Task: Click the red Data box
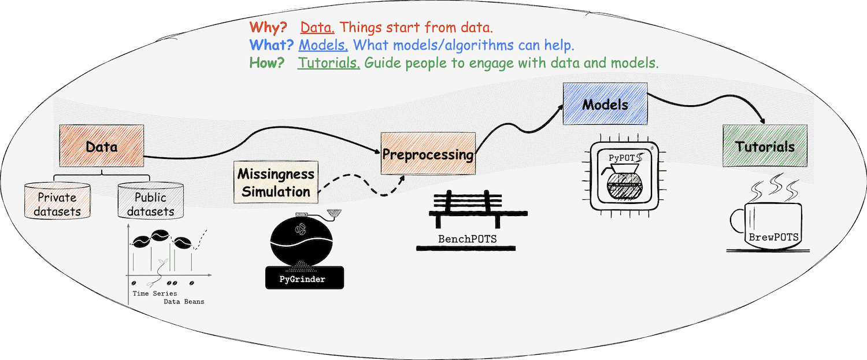coord(101,146)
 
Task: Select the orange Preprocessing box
coord(428,154)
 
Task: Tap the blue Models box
coord(605,105)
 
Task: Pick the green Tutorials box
coord(765,146)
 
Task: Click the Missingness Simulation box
coord(276,183)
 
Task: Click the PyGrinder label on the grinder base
coord(302,280)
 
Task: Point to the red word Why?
coord(268,27)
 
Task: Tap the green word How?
coord(266,62)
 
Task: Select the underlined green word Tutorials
coord(329,62)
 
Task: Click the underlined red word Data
coord(317,27)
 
